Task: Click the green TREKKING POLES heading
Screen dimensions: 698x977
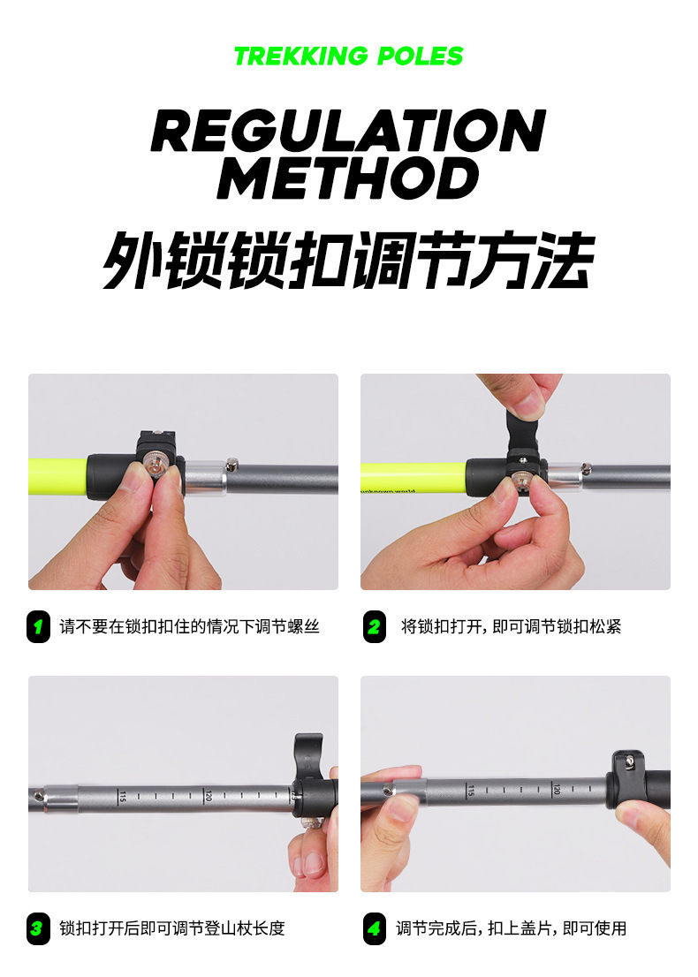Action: (348, 56)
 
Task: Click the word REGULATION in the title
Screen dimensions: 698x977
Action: (348, 130)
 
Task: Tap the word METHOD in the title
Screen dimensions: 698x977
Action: (348, 178)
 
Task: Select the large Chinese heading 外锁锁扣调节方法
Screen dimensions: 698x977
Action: (348, 260)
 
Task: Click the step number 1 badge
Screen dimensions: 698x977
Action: (38, 626)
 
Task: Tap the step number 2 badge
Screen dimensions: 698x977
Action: (374, 626)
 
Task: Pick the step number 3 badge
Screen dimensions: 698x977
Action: (38, 928)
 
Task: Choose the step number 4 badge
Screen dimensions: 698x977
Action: (374, 928)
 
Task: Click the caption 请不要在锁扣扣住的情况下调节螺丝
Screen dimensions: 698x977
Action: (189, 626)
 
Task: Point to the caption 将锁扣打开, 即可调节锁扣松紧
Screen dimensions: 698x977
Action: (511, 626)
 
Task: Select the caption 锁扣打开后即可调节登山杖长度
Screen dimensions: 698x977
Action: (172, 928)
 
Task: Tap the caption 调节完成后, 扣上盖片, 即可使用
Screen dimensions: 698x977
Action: (511, 928)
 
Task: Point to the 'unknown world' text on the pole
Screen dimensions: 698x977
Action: (388, 491)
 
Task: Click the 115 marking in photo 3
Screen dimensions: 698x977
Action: (123, 796)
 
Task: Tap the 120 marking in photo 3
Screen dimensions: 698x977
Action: (209, 796)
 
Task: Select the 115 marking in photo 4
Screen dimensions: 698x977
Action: (471, 790)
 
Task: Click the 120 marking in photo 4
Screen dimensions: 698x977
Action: (557, 790)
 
